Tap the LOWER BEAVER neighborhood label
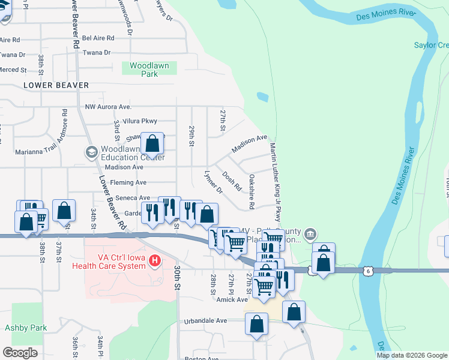56,86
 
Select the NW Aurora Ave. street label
108,107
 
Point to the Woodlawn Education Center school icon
91,152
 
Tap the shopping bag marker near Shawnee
152,144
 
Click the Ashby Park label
26,328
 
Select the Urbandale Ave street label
205,321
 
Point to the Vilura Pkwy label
140,121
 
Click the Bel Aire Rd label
98,38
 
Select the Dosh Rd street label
232,178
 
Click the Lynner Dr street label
213,181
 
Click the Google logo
20,352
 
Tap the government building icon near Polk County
310,233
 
